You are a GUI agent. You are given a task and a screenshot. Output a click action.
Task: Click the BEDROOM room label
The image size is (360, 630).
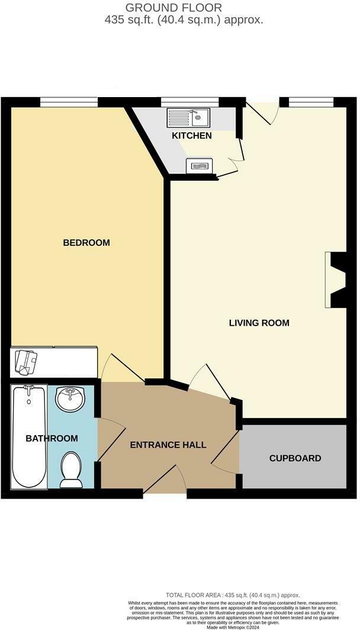(x=86, y=243)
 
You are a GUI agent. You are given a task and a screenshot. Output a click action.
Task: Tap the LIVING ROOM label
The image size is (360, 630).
(x=259, y=323)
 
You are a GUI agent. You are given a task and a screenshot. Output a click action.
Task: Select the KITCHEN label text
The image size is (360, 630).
(x=191, y=136)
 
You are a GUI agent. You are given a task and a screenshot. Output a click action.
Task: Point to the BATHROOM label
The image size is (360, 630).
(x=52, y=438)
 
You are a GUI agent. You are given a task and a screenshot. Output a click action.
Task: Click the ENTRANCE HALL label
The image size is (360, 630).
(x=168, y=445)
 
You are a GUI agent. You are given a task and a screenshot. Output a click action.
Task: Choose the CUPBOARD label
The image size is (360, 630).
(x=295, y=458)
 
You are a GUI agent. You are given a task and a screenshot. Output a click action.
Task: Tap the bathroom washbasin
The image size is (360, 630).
(x=70, y=400)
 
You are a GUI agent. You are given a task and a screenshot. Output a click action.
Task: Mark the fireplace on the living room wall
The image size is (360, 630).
(x=336, y=279)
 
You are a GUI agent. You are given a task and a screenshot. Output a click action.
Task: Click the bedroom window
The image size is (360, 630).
(x=69, y=102)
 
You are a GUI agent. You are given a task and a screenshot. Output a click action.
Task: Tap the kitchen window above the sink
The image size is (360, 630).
(x=185, y=102)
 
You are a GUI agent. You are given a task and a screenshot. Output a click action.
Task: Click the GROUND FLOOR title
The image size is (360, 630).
(x=173, y=8)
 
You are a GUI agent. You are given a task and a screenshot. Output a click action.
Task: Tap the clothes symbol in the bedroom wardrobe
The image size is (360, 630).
(x=26, y=361)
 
